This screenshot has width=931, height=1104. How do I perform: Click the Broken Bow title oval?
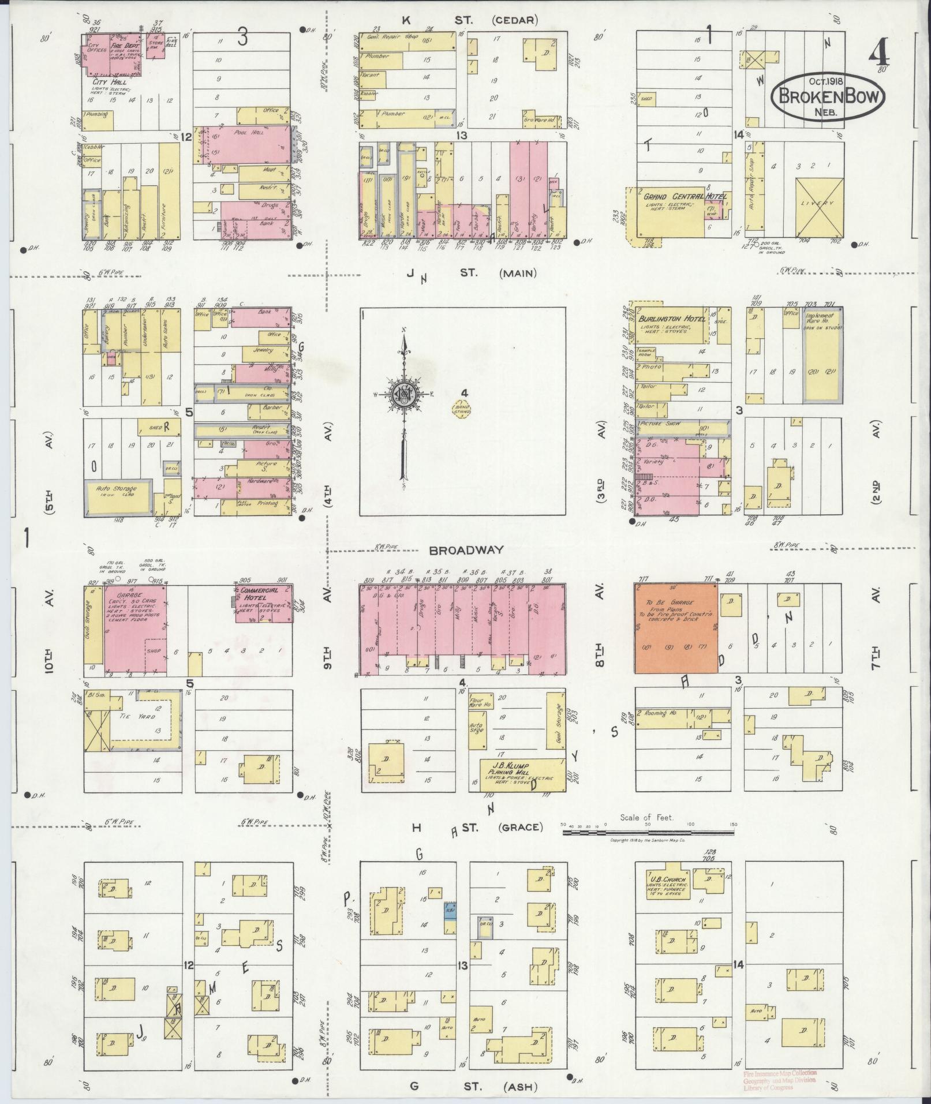click(827, 96)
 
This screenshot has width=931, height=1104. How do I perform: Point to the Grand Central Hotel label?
click(685, 196)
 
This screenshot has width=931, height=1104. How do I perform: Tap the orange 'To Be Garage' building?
click(676, 628)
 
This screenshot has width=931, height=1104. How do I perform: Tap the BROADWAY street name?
click(466, 550)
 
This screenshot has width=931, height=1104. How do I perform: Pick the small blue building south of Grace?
click(450, 912)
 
